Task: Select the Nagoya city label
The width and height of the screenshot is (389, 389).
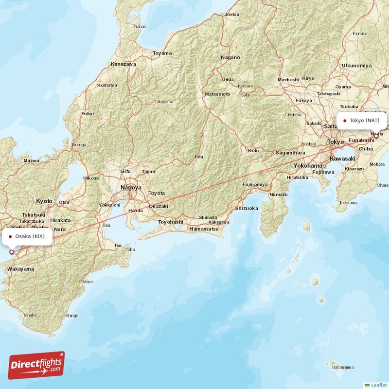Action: pos(131,187)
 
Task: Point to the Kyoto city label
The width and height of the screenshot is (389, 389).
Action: pos(44,200)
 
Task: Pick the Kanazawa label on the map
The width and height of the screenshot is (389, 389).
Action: pos(124,64)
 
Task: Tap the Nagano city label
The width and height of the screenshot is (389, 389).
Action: pos(230,57)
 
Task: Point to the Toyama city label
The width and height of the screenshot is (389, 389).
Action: pos(162,53)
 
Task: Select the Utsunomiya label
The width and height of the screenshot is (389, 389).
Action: pos(356,65)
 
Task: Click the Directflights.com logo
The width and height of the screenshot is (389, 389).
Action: pos(36,365)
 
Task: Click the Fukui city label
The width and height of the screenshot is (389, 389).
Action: pos(88,113)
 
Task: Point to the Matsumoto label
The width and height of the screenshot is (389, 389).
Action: pos(217,93)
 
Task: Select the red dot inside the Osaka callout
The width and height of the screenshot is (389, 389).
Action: pos(10,237)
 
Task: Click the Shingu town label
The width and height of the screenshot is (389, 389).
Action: pos(71,316)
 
